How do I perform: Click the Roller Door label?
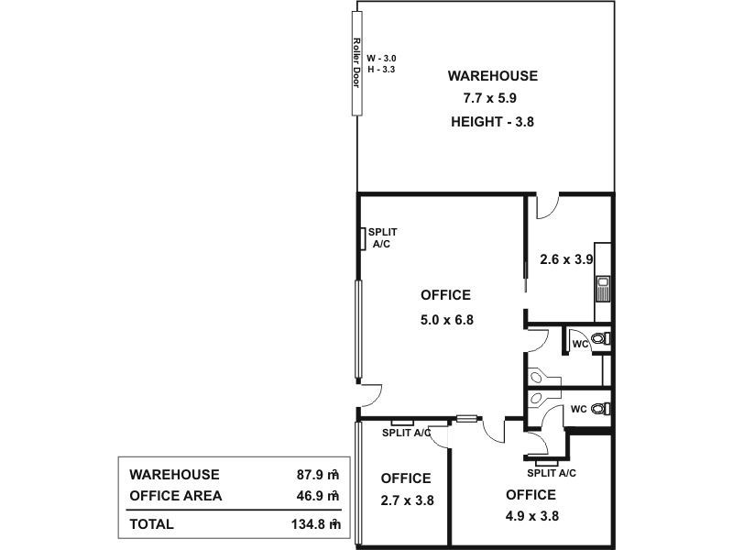coord(356,62)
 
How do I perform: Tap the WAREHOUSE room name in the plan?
coord(492,76)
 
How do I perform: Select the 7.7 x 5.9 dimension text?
coord(492,99)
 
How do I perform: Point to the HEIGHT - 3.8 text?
coord(492,122)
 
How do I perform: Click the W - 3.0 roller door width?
coord(381,58)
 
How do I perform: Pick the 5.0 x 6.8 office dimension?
coord(445,320)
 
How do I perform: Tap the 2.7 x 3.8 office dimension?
coord(406,500)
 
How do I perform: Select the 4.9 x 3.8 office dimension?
coord(531,516)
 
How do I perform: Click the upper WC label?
coord(579,344)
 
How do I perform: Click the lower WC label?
coord(579,408)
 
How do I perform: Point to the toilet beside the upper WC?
coord(600,340)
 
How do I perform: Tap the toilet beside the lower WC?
coord(600,408)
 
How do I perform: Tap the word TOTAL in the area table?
coord(151,525)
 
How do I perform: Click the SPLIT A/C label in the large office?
coord(382,239)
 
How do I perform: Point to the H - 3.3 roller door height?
coord(381,70)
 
